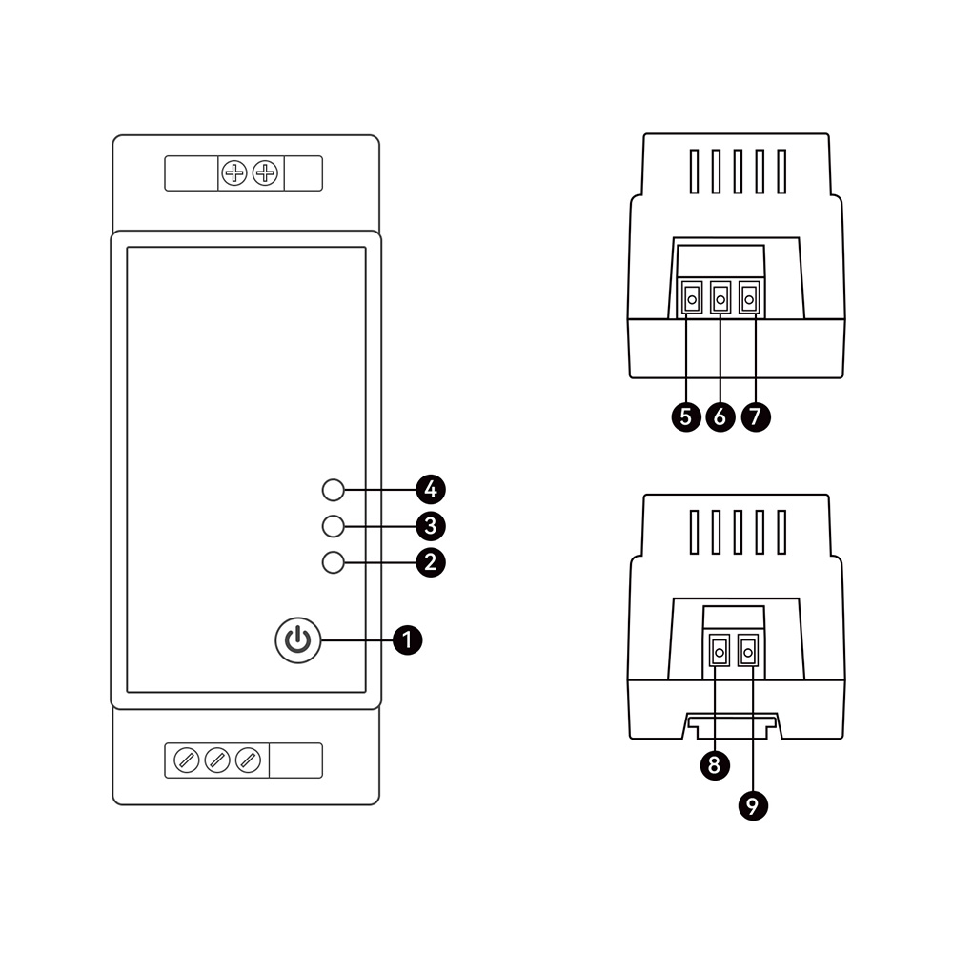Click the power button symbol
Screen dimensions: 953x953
(x=297, y=640)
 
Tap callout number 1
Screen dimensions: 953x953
(x=407, y=640)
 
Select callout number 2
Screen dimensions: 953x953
(x=431, y=562)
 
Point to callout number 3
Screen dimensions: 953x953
(x=431, y=526)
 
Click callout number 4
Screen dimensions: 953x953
(x=431, y=489)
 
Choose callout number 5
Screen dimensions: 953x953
(x=686, y=417)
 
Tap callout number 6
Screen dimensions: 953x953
(x=720, y=417)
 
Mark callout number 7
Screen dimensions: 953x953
(x=756, y=417)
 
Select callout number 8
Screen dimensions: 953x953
(x=715, y=764)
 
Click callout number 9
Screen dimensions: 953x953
(x=753, y=806)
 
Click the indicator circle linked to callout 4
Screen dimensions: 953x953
(x=333, y=490)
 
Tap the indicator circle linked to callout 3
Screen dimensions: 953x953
(x=333, y=526)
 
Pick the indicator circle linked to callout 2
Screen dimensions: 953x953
(x=333, y=563)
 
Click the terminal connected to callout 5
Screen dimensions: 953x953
(x=692, y=298)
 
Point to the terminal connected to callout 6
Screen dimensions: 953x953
(x=720, y=298)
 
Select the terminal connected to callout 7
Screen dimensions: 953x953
(x=749, y=298)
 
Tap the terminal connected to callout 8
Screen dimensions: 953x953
(x=720, y=652)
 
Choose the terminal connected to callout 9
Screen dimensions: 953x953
(x=748, y=652)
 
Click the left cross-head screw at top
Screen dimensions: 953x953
(x=234, y=173)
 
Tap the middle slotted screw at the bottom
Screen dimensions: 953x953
(x=217, y=760)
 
